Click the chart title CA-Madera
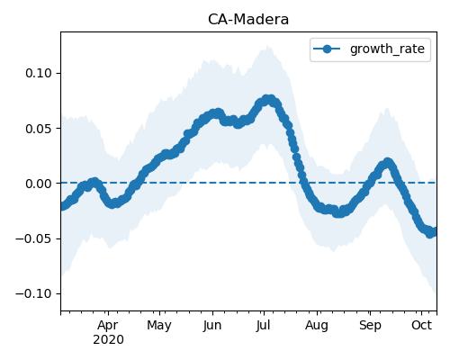coord(248,20)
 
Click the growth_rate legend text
coord(387,49)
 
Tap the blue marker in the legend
coord(327,49)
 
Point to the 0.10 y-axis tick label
coord(39,73)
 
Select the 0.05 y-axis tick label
coord(39,129)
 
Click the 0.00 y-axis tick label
coord(39,184)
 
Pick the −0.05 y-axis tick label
coord(34,238)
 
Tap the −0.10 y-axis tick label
coord(34,293)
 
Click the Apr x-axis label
coord(108,326)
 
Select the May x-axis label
coord(159,326)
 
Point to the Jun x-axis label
coord(212,326)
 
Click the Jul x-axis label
coord(263,326)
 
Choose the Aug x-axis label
coord(317,326)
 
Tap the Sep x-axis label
coord(370,326)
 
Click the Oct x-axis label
coord(421,325)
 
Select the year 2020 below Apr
coord(108,340)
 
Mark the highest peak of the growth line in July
coord(268,99)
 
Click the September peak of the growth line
coord(388,162)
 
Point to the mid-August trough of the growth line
coord(338,213)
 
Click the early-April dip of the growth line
coord(112,204)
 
